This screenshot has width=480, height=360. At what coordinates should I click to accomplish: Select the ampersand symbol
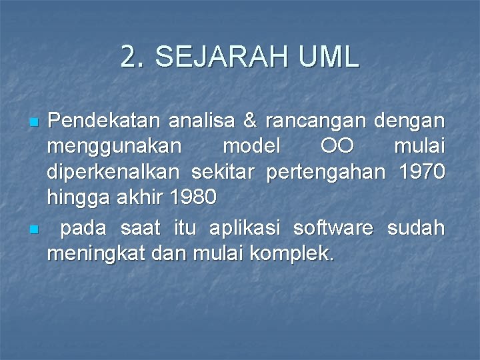[x=251, y=122]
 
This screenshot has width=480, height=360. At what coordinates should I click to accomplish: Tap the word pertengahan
[x=326, y=173]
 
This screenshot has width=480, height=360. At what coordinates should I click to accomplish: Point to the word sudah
[x=416, y=228]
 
